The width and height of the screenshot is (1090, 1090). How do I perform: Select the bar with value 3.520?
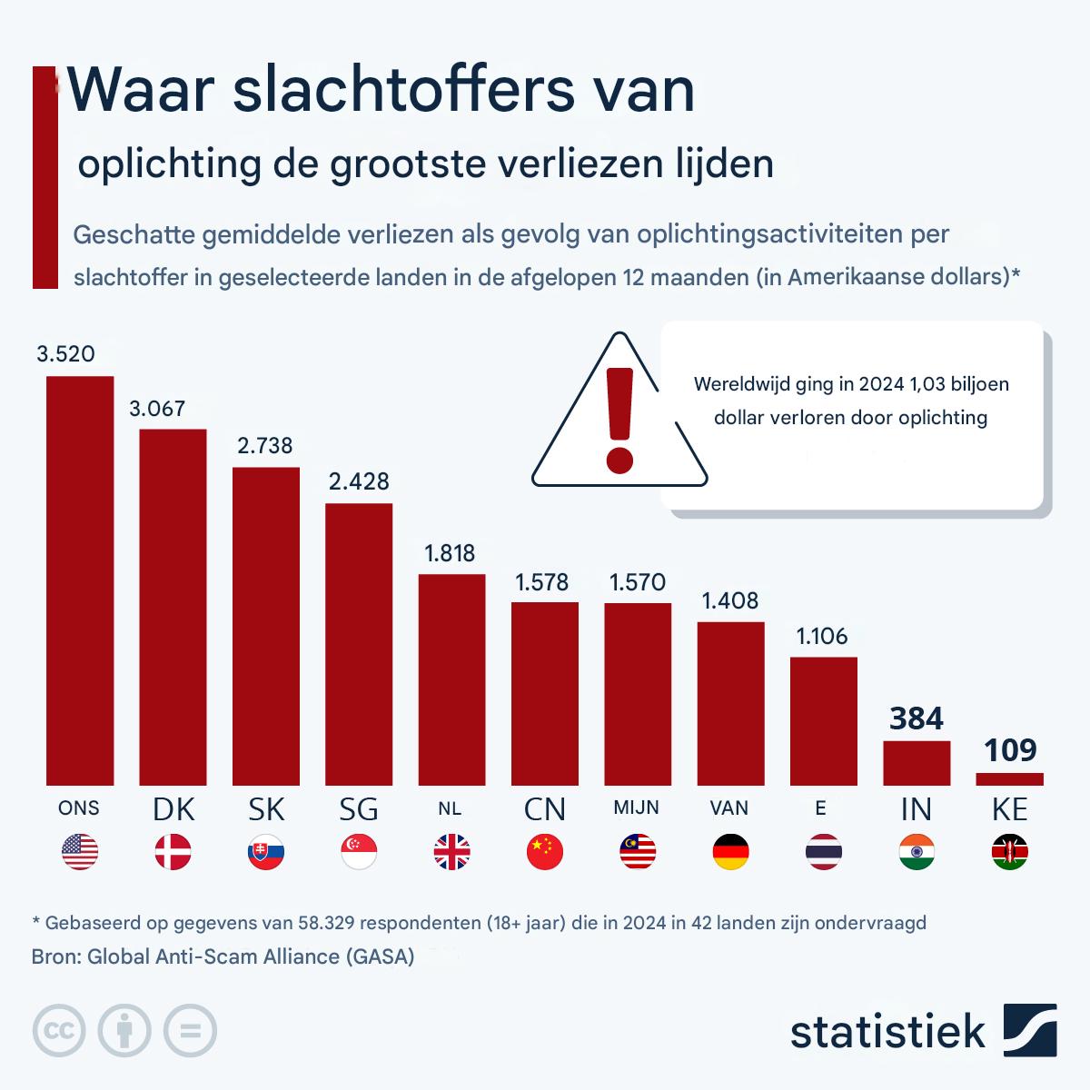80,581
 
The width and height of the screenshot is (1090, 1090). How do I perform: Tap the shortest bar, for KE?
1009,778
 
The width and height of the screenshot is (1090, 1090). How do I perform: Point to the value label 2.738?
265,445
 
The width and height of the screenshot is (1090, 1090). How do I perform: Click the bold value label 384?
917,719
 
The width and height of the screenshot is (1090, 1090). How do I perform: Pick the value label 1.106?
822,636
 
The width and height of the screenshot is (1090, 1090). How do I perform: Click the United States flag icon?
80,852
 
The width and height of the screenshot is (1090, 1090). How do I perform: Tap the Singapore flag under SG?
359,852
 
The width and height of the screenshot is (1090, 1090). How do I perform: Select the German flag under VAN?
730,852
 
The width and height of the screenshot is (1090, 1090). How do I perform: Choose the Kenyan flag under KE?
1009,852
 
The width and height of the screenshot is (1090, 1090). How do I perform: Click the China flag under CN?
545,852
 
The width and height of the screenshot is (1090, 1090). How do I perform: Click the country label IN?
917,808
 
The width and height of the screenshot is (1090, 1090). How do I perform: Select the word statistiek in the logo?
887,1032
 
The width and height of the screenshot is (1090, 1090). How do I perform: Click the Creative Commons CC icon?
59,1031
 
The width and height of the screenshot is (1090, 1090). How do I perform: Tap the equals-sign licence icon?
190,1031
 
